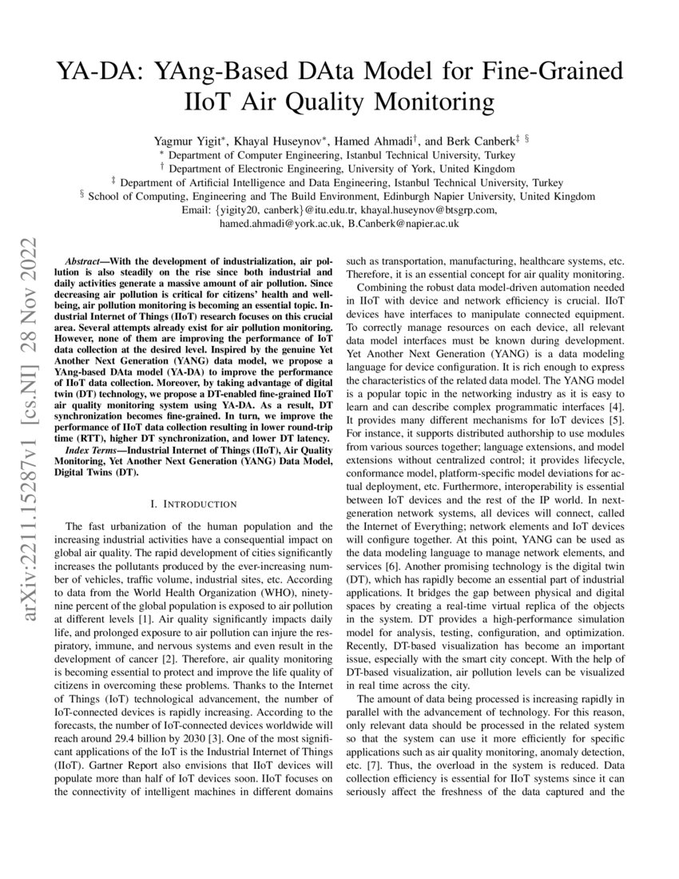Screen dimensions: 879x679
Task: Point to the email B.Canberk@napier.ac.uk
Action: coord(403,224)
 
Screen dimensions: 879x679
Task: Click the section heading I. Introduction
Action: coord(193,503)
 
